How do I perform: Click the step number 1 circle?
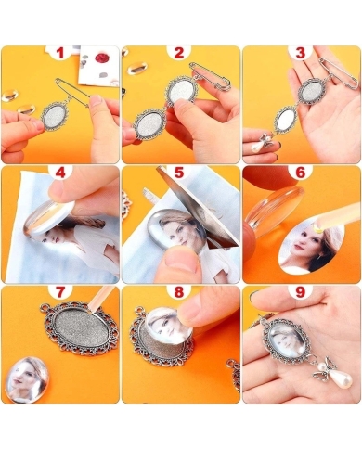(x=60, y=53)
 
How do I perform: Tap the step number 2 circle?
(x=180, y=53)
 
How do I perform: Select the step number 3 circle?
(x=300, y=53)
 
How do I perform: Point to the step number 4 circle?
(x=60, y=173)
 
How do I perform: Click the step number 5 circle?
(x=180, y=173)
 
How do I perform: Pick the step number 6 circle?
(x=300, y=173)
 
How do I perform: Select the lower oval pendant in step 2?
(x=149, y=122)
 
